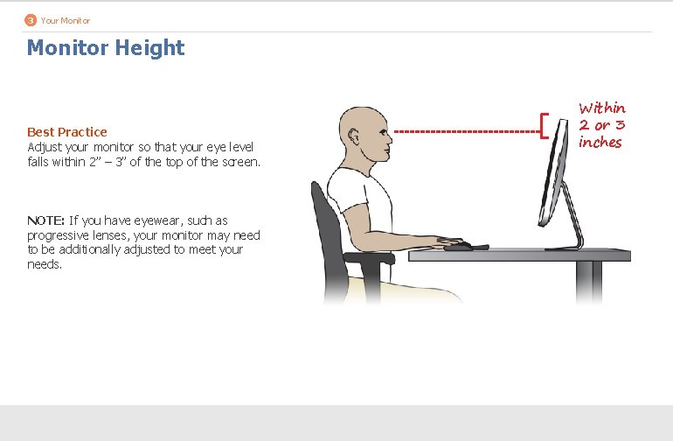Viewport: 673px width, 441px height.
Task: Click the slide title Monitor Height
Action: point(106,47)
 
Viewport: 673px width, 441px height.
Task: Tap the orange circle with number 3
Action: point(31,19)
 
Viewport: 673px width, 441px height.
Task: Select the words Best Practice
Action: point(67,132)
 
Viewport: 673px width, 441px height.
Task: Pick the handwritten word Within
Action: point(602,108)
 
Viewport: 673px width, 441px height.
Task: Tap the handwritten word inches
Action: point(600,143)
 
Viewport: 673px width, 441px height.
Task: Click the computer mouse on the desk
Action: point(460,247)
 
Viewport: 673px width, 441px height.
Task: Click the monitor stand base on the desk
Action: point(565,248)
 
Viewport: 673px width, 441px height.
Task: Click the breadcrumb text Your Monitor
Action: point(65,19)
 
